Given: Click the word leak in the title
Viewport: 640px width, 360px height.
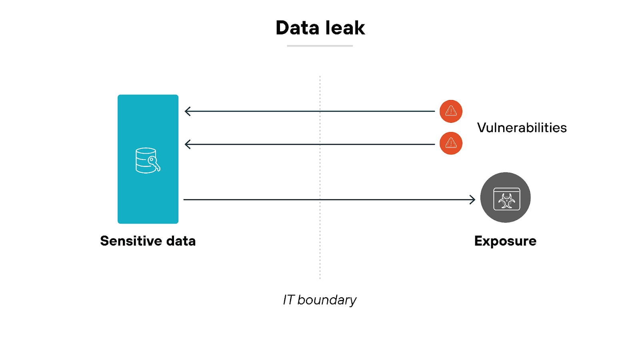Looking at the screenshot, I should click(x=345, y=28).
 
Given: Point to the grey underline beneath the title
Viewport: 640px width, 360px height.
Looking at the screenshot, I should click(x=320, y=46).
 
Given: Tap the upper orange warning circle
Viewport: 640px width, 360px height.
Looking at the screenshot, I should click(x=451, y=111).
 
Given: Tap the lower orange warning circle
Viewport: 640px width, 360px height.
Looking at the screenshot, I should click(x=451, y=143).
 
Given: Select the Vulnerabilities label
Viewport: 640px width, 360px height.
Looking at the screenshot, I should click(x=522, y=128).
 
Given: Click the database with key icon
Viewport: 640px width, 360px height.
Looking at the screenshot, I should click(x=146, y=160).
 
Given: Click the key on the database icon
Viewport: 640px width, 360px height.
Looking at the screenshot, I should click(x=154, y=163).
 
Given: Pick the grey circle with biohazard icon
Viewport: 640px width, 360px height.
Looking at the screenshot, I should click(x=505, y=198).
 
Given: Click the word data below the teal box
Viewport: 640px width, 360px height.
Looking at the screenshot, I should click(x=181, y=241).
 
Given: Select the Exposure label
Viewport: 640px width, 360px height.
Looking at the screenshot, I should click(x=505, y=241).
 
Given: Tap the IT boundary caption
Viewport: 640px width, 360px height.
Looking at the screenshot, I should click(x=319, y=300).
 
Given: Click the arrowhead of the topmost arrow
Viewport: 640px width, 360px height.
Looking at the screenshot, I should click(x=187, y=111).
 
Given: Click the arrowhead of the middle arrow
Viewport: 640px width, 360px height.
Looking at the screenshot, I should click(x=187, y=144).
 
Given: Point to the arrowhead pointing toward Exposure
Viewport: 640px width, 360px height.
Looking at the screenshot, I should click(x=473, y=200).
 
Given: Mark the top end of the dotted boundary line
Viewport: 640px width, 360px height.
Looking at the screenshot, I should click(x=320, y=77).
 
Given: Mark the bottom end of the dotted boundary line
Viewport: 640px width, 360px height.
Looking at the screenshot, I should click(x=320, y=278).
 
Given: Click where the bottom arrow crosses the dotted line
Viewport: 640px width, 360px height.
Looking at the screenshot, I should click(x=320, y=200).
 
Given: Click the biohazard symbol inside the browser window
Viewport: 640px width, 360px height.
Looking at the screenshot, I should click(x=507, y=201).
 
